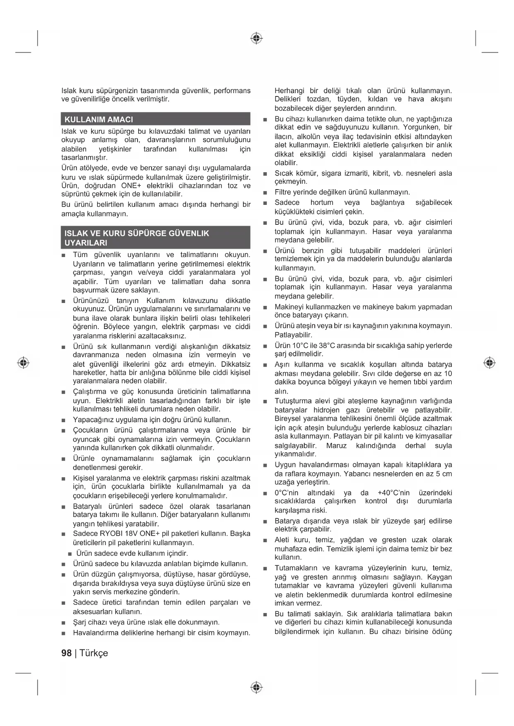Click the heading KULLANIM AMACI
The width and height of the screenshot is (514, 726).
tap(99, 120)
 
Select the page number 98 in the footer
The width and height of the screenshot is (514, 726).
tap(66, 653)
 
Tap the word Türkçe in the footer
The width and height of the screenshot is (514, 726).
tap(94, 653)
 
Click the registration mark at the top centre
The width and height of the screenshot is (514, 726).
tap(257, 38)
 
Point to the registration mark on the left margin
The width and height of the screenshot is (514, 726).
tap(24, 363)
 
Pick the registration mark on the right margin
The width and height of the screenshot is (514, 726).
tap(490, 363)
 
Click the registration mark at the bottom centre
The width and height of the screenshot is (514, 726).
tap(257, 688)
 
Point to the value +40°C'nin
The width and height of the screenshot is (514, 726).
tap(393, 493)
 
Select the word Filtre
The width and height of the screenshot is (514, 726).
tap(284, 192)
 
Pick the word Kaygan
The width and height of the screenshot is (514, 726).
tap(439, 577)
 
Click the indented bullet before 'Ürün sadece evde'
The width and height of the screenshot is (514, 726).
tap(70, 554)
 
